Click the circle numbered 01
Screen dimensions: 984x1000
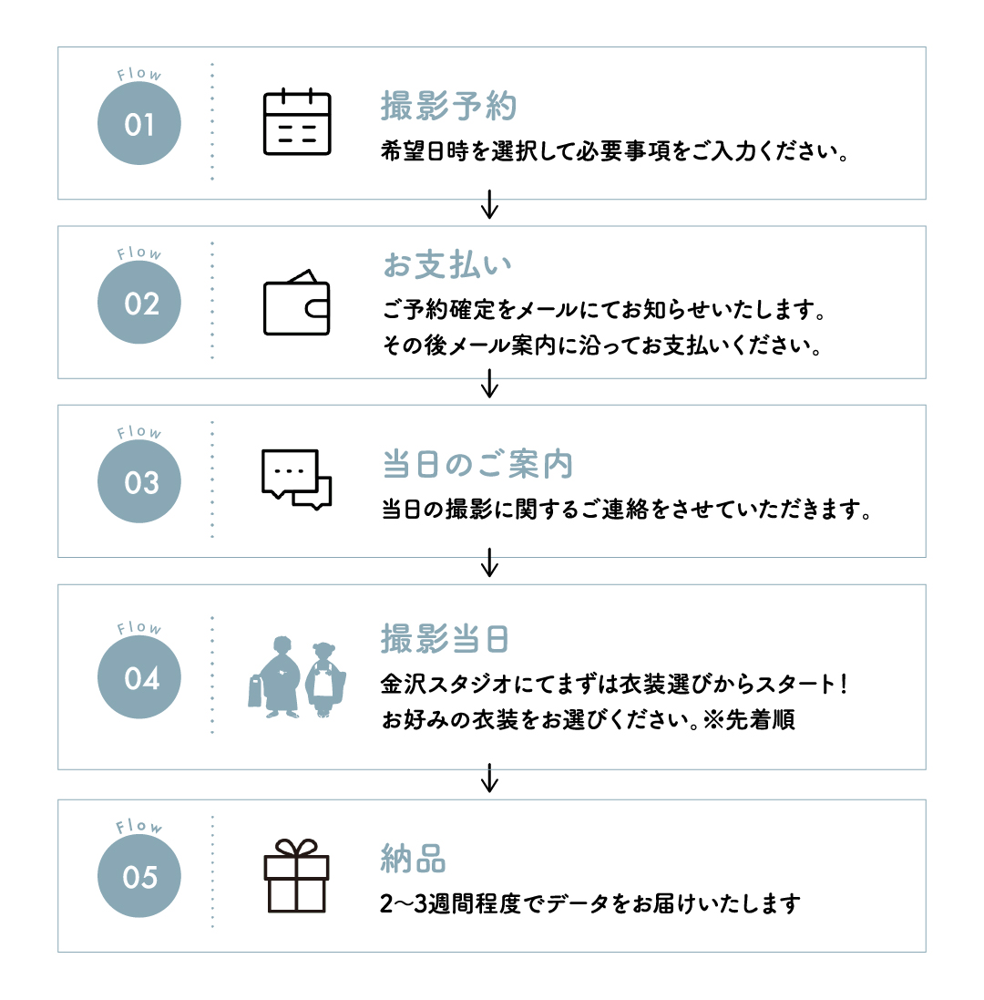pyautogui.click(x=138, y=123)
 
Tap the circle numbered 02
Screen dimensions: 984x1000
pyautogui.click(x=138, y=303)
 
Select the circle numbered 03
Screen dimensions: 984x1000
pyautogui.click(x=138, y=481)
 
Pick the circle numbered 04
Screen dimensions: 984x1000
pyautogui.click(x=138, y=677)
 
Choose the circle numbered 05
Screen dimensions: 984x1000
pyautogui.click(x=138, y=876)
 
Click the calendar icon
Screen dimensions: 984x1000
pyautogui.click(x=297, y=122)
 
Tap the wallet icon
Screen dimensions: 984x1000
pyautogui.click(x=297, y=303)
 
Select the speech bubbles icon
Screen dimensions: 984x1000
pyautogui.click(x=297, y=479)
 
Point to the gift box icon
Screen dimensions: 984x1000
pyautogui.click(x=296, y=876)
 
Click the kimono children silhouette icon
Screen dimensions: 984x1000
pyautogui.click(x=297, y=677)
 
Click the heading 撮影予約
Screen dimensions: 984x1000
pyautogui.click(x=448, y=106)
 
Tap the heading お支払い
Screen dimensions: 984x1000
pyautogui.click(x=447, y=265)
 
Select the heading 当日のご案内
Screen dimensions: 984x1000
pyautogui.click(x=477, y=464)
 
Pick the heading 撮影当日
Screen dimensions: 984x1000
pyautogui.click(x=445, y=639)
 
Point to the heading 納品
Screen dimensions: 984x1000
pyautogui.click(x=413, y=859)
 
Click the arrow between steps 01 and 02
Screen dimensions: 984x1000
pyautogui.click(x=489, y=204)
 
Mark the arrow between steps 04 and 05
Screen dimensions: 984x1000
pyautogui.click(x=489, y=778)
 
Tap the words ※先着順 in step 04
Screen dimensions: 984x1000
pyautogui.click(x=749, y=720)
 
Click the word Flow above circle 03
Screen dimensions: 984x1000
pyautogui.click(x=138, y=432)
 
